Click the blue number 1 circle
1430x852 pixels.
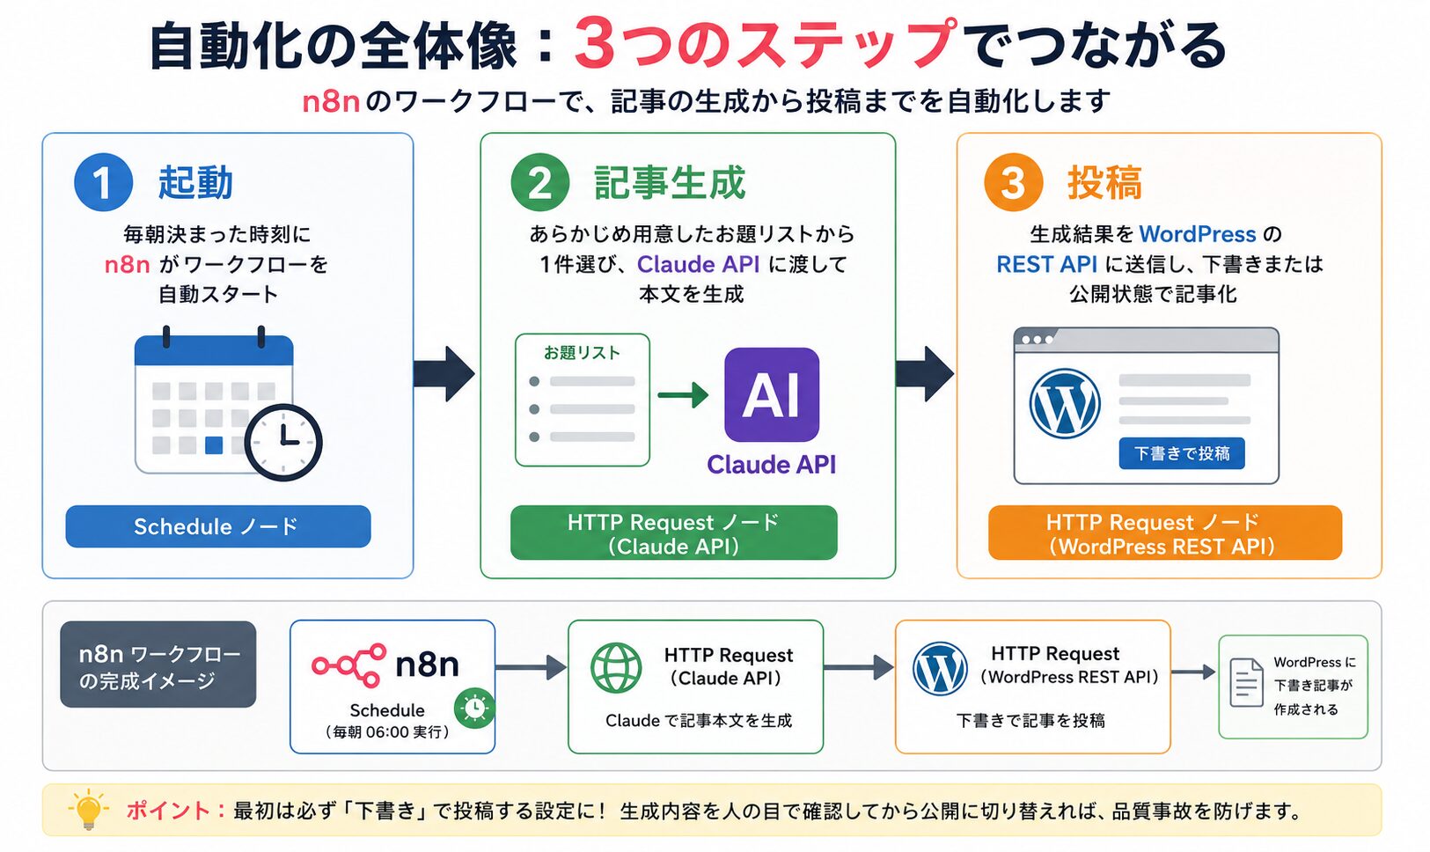click(104, 182)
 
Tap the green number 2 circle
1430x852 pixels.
click(540, 182)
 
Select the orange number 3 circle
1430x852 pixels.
click(1014, 182)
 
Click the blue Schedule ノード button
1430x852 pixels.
click(218, 526)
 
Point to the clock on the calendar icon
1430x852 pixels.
click(283, 442)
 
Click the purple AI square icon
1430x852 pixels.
click(772, 394)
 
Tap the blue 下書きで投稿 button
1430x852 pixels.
click(1182, 453)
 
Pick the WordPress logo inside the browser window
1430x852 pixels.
click(1065, 404)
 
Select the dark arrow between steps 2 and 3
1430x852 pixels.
click(924, 373)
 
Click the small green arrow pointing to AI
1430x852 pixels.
click(683, 394)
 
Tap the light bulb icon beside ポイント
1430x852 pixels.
click(88, 809)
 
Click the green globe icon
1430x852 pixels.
click(616, 668)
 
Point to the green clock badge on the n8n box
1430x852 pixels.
click(474, 709)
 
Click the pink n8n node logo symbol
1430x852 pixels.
click(349, 665)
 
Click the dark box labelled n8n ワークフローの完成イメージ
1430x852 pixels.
click(158, 665)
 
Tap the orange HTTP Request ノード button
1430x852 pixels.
click(1165, 533)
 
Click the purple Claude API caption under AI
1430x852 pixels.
click(771, 465)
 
